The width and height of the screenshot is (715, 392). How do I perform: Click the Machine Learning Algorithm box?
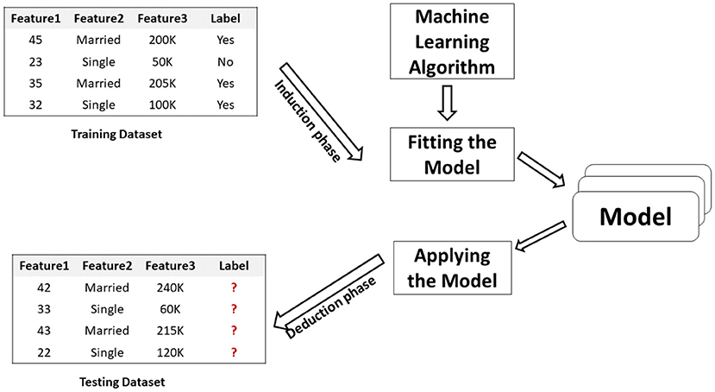click(452, 41)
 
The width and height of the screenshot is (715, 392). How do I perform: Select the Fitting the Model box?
click(452, 155)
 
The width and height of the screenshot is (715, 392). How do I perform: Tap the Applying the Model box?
click(452, 268)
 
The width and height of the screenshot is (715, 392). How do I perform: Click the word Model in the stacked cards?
click(635, 217)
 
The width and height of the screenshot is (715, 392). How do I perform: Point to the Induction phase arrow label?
click(307, 121)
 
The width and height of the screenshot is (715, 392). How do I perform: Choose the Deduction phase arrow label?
click(330, 307)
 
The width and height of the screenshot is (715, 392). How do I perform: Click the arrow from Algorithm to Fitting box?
click(448, 103)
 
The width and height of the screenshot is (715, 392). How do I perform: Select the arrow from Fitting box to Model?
click(542, 170)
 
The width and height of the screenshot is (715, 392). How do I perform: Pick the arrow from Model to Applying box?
click(541, 237)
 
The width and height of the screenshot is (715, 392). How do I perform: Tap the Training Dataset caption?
click(116, 134)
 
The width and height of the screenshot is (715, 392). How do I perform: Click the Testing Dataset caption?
click(122, 382)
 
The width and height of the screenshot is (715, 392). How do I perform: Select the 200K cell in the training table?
click(162, 41)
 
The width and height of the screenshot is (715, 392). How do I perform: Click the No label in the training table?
click(225, 61)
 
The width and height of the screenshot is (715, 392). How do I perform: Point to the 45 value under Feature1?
click(35, 41)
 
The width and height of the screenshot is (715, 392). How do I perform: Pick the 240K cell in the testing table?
click(170, 288)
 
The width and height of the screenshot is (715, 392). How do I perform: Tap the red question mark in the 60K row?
click(234, 309)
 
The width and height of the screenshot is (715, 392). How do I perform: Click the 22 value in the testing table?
click(44, 353)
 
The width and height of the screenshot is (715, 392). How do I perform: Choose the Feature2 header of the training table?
click(98, 18)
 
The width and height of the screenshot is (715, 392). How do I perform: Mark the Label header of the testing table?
click(234, 266)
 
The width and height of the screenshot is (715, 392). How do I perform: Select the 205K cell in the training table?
click(162, 84)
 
